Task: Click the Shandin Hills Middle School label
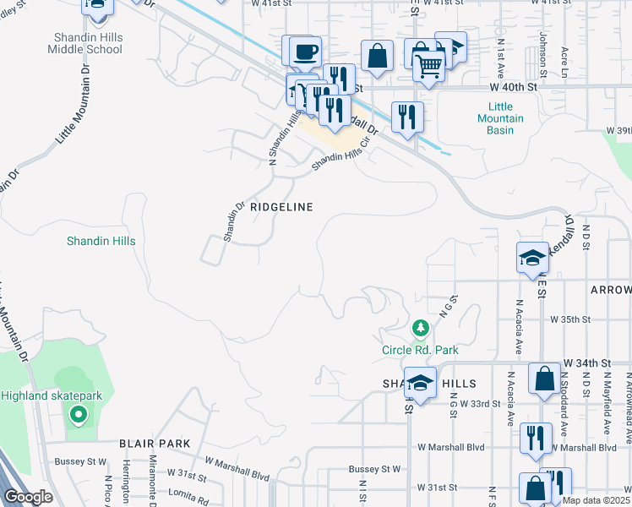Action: point(88,43)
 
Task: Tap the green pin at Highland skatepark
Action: point(78,414)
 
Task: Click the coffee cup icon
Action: point(304,53)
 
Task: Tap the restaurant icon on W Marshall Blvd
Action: point(536,438)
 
